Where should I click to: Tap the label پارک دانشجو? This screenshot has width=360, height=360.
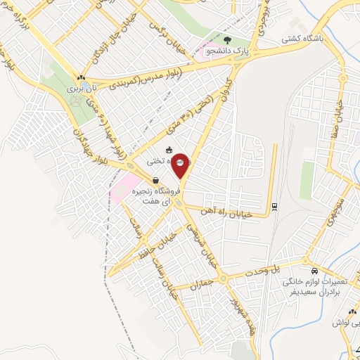pos(226,51)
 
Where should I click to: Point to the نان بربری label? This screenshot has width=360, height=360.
pos(80,89)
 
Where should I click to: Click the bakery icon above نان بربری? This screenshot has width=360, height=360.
pos(82,77)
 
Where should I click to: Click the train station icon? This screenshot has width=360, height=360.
pos(274,206)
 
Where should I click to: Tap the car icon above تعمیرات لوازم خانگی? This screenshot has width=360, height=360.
pos(314,271)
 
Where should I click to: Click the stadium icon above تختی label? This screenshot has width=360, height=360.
pos(169,150)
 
